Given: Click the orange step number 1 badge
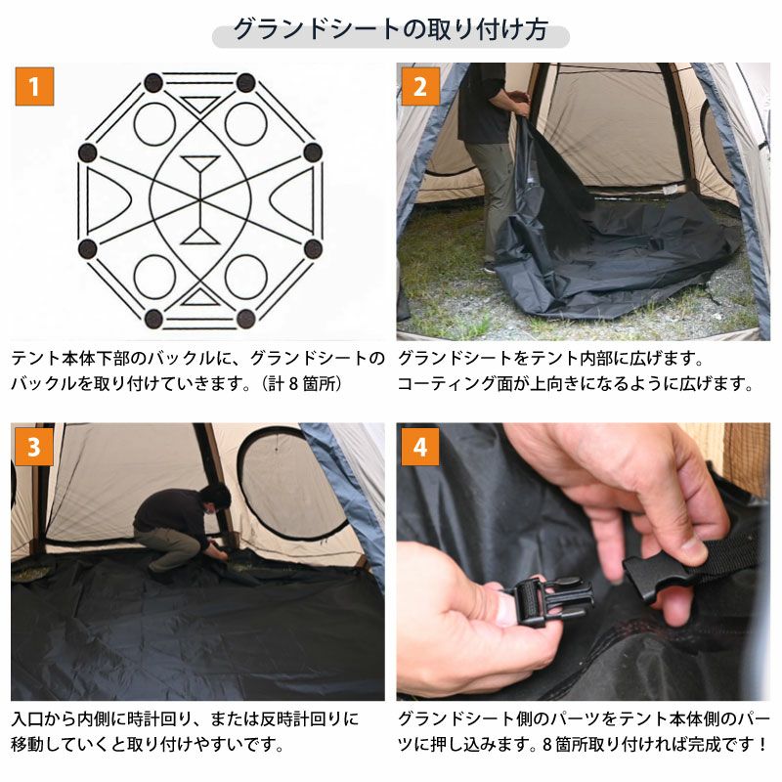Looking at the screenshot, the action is click(34, 87).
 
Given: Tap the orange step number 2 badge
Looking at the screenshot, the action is click(420, 87).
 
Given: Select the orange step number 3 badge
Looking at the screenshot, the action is click(34, 447).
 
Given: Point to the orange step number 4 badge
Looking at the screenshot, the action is click(420, 447).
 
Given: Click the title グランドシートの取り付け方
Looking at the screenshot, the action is click(391, 30).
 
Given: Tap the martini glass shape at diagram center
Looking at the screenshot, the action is click(200, 199).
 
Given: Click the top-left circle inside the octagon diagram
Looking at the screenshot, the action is click(154, 124).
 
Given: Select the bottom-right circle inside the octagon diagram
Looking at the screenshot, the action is click(246, 277).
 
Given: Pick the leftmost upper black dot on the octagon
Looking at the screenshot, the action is click(88, 152).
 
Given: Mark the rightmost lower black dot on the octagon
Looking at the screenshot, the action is click(313, 248).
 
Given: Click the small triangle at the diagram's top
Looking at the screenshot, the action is click(200, 104).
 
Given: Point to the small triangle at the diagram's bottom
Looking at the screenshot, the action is click(200, 296).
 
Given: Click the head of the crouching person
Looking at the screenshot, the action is click(215, 498).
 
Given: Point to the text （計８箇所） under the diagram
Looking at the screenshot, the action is click(302, 383).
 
